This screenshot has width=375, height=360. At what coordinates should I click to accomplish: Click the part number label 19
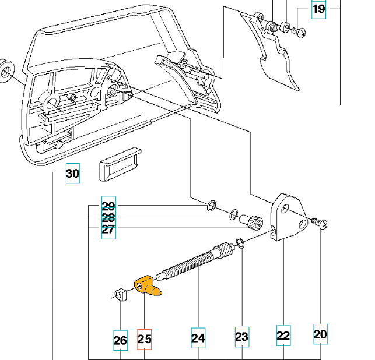318,9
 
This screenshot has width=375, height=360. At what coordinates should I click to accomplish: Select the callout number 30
72,174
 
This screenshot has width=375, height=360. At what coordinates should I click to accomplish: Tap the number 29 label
108,206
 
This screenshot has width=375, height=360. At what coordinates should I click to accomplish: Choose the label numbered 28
108,217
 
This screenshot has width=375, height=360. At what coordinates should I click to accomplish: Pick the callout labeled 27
108,229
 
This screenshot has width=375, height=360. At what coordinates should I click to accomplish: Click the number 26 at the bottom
120,339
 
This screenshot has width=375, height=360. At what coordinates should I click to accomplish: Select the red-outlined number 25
144,339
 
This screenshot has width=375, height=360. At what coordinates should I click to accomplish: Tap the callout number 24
198,337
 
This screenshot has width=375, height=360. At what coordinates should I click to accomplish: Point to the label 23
242,337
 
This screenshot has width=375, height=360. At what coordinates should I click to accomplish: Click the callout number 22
283,336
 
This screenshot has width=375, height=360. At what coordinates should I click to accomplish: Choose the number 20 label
320,335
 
